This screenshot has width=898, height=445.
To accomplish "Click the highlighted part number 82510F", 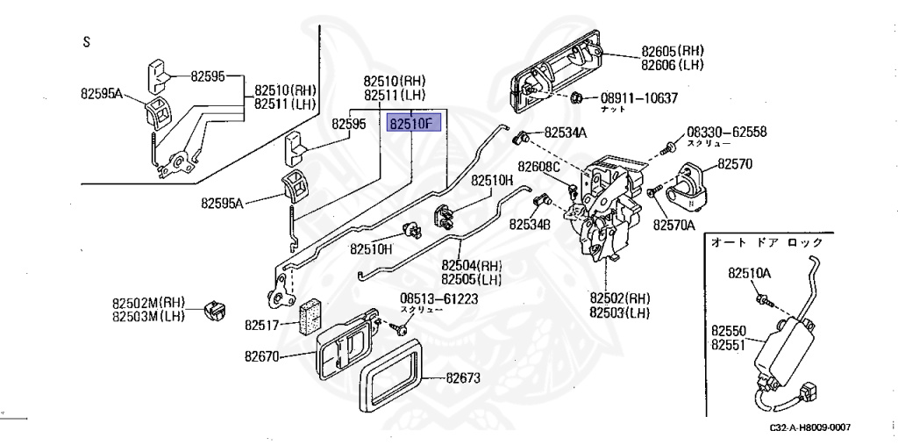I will (x=411, y=125).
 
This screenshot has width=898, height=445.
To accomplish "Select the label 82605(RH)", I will (x=673, y=51).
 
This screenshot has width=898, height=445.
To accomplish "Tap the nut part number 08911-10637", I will (x=639, y=97).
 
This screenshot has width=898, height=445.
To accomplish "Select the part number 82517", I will (x=262, y=325).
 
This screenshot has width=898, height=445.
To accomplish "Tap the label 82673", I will (x=464, y=379).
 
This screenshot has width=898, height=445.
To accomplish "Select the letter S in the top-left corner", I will (x=86, y=41).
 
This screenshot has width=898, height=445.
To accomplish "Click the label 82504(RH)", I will (x=471, y=265).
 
